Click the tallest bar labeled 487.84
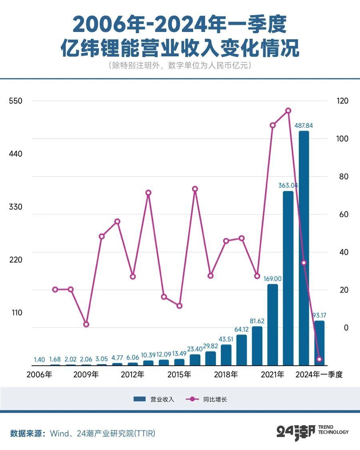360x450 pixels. (304, 248)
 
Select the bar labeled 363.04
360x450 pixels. (288, 278)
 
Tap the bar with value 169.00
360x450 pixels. (272, 325)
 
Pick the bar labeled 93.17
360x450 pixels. (319, 342)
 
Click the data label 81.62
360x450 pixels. (257, 321)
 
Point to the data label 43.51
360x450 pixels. (226, 340)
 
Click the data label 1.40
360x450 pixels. (39, 360)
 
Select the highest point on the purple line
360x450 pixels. (288, 111)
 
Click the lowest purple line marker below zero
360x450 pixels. (319, 359)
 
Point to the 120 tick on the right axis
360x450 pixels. (343, 101)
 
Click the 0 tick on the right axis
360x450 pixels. (343, 328)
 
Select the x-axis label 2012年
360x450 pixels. (132, 375)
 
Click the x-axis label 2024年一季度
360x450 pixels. (319, 375)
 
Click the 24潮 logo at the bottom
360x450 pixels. (296, 432)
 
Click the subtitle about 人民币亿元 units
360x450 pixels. (180, 66)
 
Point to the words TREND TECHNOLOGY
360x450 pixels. (333, 430)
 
